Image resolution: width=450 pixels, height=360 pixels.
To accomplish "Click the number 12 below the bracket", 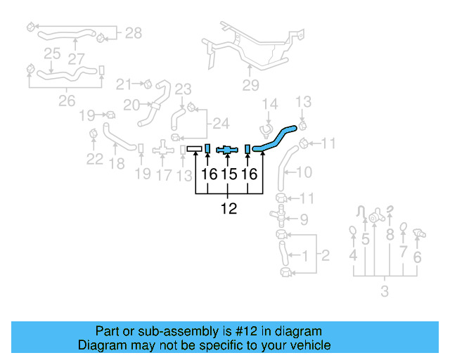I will click(x=229, y=208).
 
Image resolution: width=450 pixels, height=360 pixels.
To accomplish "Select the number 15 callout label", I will click(x=229, y=174).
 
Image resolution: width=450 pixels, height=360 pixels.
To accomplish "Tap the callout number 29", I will click(x=251, y=86).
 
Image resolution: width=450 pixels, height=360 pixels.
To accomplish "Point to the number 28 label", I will click(x=133, y=32).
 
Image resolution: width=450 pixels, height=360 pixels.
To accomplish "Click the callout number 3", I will click(x=384, y=291).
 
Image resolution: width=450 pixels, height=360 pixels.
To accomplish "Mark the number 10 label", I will click(x=304, y=172).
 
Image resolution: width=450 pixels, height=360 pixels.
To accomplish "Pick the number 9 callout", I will click(x=303, y=219).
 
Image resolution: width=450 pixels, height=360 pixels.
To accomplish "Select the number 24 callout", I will click(x=221, y=124).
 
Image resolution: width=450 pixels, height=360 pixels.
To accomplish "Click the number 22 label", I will click(x=95, y=159).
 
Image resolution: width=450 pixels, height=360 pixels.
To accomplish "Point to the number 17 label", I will click(x=163, y=174).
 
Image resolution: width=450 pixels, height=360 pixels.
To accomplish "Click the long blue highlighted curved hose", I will click(x=274, y=138).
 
